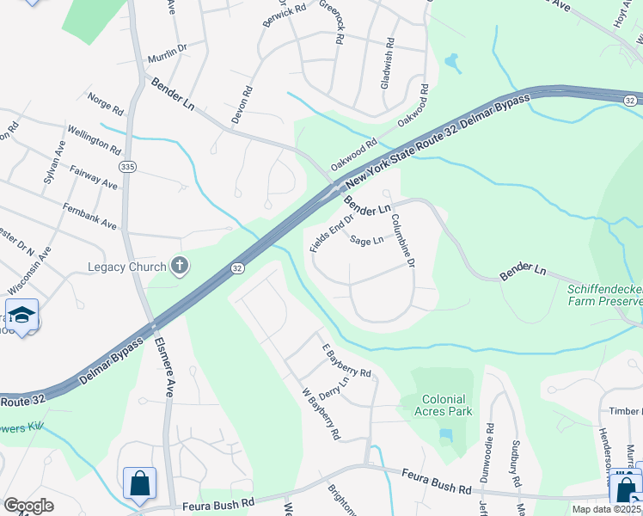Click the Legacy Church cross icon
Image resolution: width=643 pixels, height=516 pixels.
[180, 266]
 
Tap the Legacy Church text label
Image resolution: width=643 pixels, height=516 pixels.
[127, 267]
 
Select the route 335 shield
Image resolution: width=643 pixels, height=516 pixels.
[128, 166]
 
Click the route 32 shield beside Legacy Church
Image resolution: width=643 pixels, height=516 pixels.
[236, 268]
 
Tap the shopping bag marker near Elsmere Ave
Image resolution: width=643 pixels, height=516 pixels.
[139, 483]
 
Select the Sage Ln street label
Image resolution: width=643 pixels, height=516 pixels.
[366, 242]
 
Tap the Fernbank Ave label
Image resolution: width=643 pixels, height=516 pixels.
[89, 216]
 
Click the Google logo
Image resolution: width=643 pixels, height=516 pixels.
[28, 506]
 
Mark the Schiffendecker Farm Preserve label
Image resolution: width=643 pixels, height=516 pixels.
[604, 295]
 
